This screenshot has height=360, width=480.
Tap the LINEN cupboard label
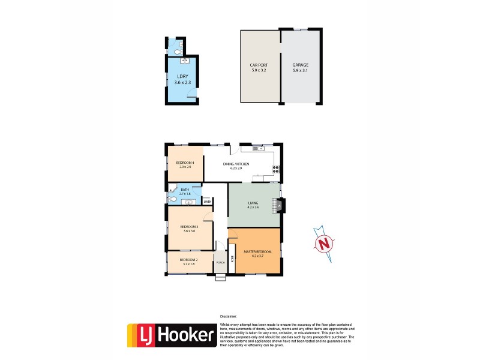207,202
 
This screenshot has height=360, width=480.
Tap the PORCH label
220,263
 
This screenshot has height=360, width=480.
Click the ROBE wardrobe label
232,259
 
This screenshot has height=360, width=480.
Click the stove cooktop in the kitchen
275,169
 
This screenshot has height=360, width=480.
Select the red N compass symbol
323,243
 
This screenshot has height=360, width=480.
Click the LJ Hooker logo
172,335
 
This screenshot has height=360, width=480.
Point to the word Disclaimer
229,316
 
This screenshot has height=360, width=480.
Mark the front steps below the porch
220,277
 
